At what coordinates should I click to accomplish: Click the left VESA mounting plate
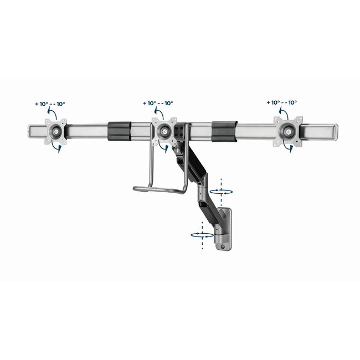55,131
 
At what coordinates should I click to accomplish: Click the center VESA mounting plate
163,131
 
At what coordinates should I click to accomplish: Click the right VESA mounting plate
289,131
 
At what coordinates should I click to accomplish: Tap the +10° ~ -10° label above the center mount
158,103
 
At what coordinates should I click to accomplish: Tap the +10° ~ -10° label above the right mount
281,102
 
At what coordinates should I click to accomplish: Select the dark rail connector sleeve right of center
224,132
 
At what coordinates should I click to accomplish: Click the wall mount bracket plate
225,228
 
